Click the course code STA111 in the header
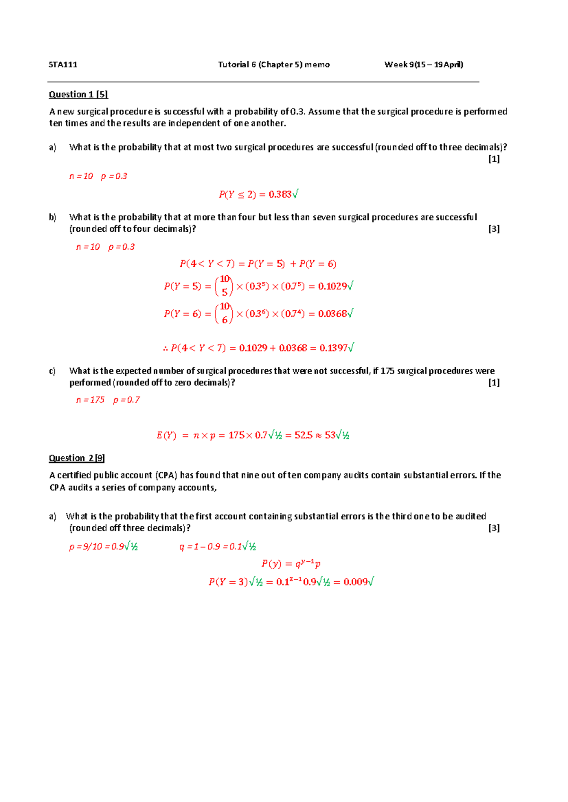click(63, 65)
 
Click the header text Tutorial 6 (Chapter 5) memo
click(274, 65)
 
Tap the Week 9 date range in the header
click(424, 65)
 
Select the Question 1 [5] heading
click(79, 95)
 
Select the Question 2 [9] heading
click(77, 458)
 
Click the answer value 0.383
click(280, 194)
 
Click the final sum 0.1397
click(333, 349)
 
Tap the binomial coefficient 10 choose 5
click(224, 286)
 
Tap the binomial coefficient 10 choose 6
click(224, 313)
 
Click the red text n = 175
click(90, 400)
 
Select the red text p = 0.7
click(126, 400)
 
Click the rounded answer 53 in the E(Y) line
click(330, 436)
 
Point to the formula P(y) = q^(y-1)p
click(291, 564)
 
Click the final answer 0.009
click(355, 582)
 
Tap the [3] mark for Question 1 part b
click(494, 229)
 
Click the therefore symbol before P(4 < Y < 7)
click(166, 349)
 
